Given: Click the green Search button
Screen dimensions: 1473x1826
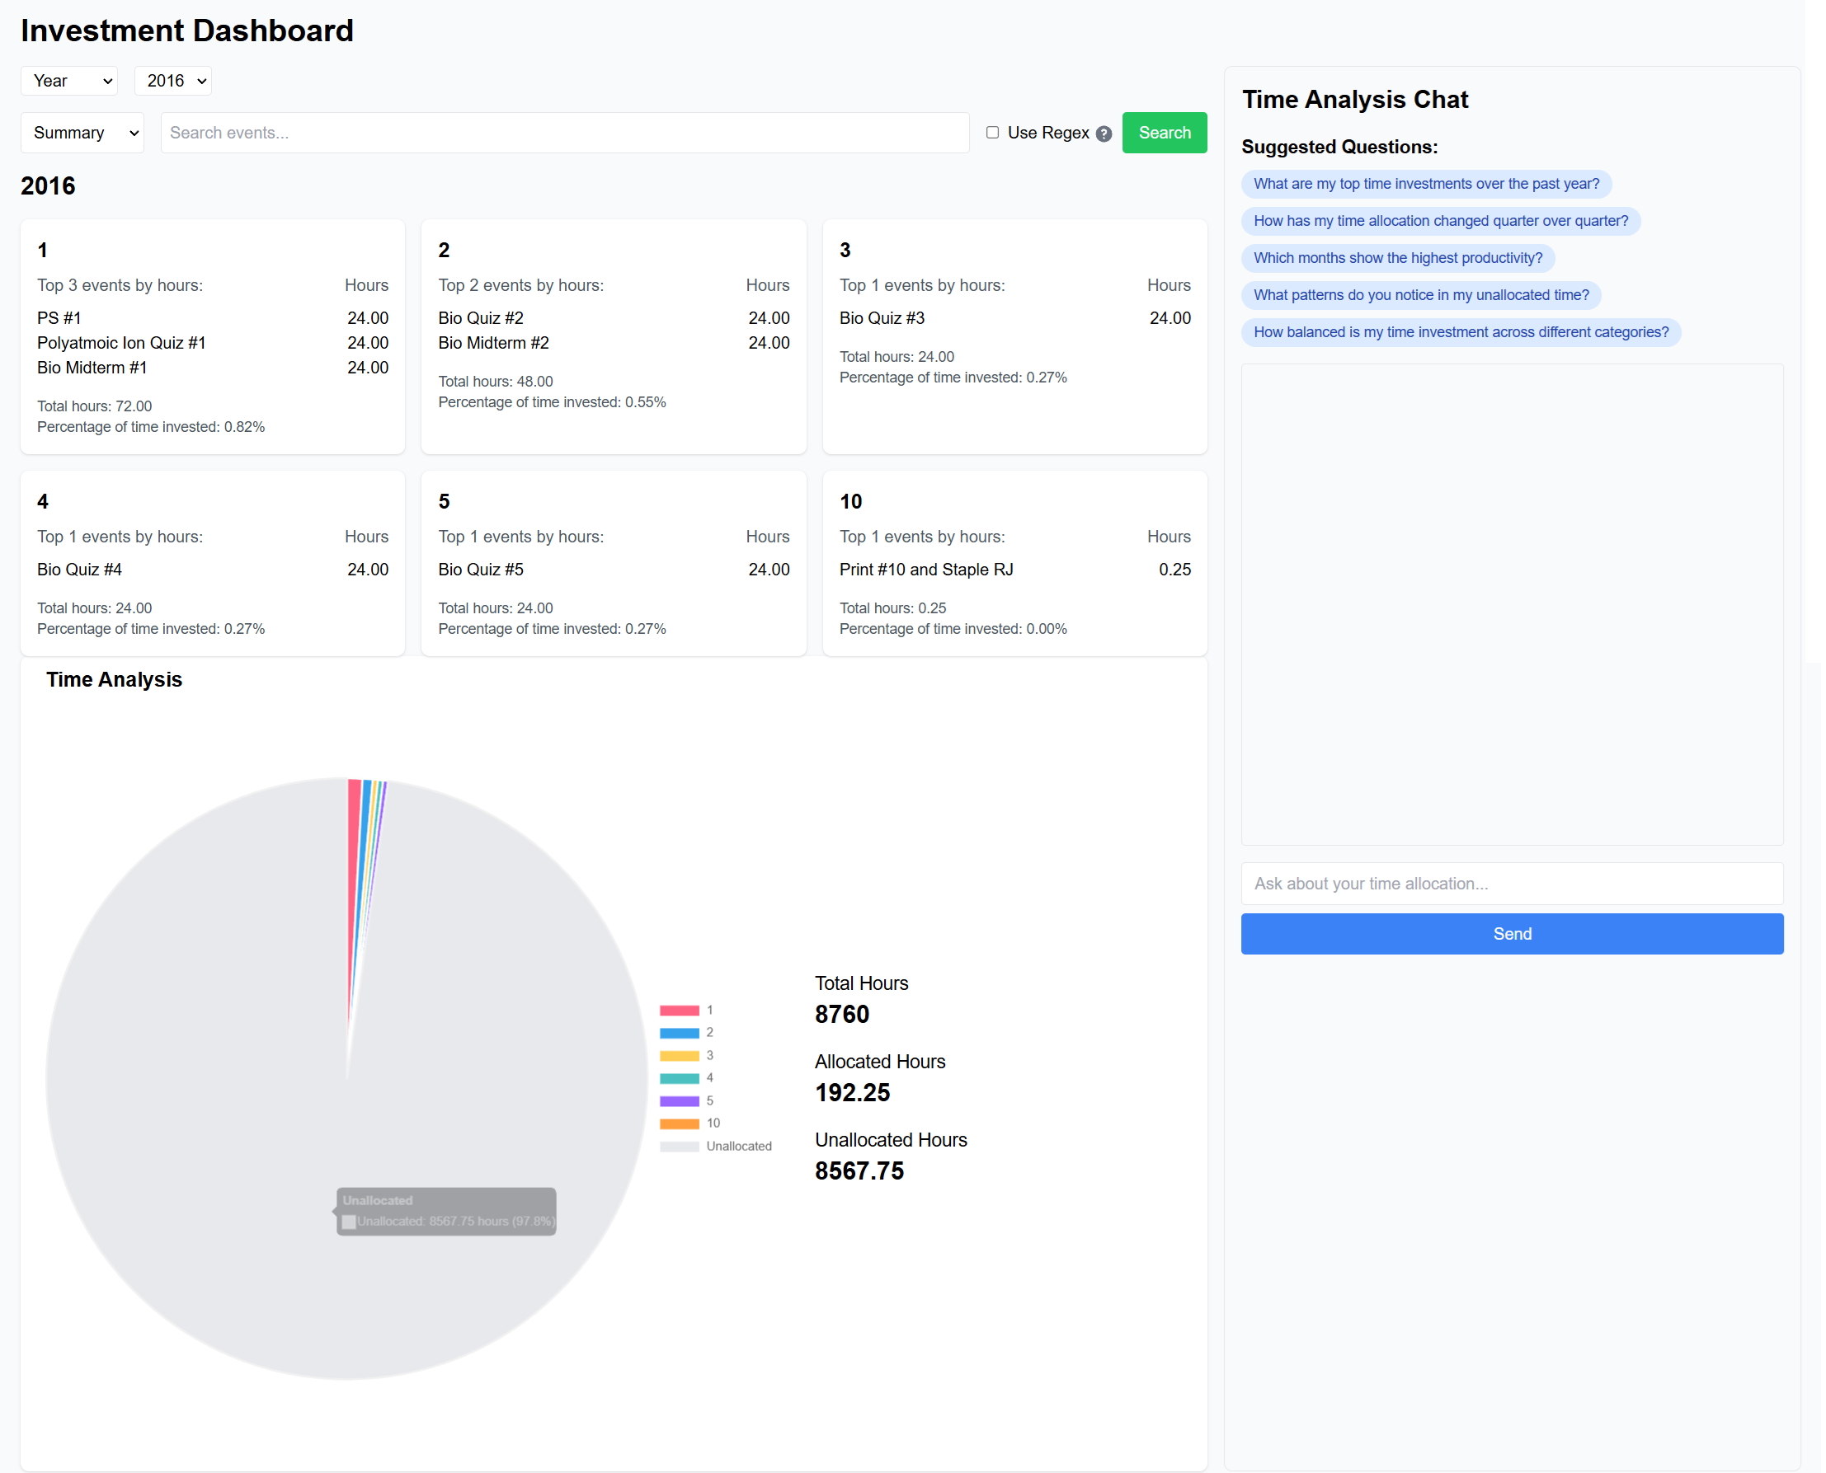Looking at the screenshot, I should pyautogui.click(x=1164, y=134).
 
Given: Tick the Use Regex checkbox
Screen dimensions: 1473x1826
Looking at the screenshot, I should pyautogui.click(x=992, y=133).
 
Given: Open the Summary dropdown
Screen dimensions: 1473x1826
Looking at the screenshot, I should pyautogui.click(x=82, y=134).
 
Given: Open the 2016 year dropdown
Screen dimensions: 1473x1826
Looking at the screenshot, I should pyautogui.click(x=173, y=82).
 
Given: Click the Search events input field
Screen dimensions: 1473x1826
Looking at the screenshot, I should pyautogui.click(x=564, y=134).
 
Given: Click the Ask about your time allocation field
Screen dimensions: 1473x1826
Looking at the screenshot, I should pyautogui.click(x=1511, y=884).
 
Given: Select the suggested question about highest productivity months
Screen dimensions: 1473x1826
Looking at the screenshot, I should pyautogui.click(x=1397, y=258).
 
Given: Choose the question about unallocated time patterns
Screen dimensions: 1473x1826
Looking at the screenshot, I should pyautogui.click(x=1420, y=295).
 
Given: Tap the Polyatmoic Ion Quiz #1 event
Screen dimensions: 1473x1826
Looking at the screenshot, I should pyautogui.click(x=121, y=343).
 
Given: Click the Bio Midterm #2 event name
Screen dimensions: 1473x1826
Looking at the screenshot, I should pyautogui.click(x=493, y=343).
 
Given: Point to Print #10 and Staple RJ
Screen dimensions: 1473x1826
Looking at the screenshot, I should pyautogui.click(x=926, y=570).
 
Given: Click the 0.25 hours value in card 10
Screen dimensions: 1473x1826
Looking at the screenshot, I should pyautogui.click(x=1174, y=570).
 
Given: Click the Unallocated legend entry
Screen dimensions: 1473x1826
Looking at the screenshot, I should pyautogui.click(x=737, y=1146).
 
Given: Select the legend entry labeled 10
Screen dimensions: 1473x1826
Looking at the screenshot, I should pyautogui.click(x=712, y=1123).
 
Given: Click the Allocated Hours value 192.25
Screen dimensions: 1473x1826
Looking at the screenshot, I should pyautogui.click(x=852, y=1093).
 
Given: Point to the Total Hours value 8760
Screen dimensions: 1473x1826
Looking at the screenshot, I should pyautogui.click(x=841, y=1015).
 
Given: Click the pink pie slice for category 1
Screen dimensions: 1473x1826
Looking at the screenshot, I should pyautogui.click(x=353, y=848).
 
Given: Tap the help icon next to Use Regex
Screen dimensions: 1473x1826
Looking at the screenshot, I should pyautogui.click(x=1104, y=134).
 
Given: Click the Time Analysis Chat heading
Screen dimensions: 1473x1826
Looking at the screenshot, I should pyautogui.click(x=1355, y=100).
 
